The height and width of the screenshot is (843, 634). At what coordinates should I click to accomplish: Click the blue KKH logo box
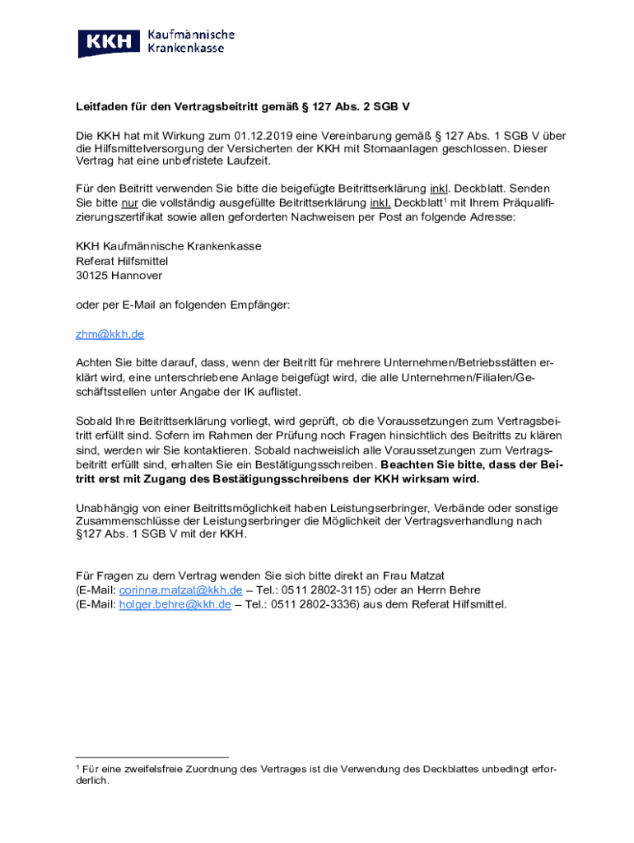[x=109, y=43]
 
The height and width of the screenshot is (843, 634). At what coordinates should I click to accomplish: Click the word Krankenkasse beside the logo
[x=190, y=49]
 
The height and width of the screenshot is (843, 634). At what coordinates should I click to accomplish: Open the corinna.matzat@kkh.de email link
[x=180, y=590]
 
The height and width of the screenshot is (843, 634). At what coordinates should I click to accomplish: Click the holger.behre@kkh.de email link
[x=175, y=604]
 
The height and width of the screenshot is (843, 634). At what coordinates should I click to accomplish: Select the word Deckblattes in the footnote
[x=452, y=769]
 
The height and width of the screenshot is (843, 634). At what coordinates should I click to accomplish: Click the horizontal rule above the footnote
[x=152, y=757]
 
